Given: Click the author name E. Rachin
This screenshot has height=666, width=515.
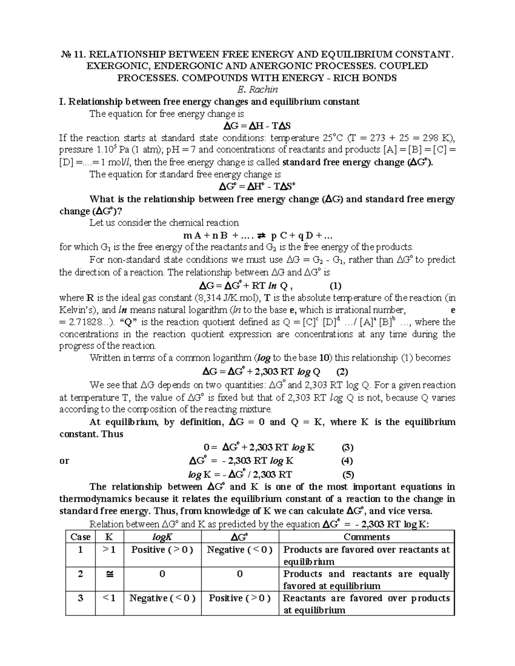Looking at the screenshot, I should coord(257,90).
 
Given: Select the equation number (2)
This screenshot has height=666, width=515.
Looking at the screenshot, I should coord(342,372).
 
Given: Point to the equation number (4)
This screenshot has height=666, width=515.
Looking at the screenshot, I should coord(347,461).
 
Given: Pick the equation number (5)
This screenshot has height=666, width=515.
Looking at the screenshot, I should coord(348,475).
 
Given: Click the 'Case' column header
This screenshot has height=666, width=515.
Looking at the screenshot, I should coord(80,537).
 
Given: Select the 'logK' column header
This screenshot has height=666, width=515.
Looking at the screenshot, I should coord(162,537).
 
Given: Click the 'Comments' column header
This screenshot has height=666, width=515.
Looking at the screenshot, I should coord(367,537).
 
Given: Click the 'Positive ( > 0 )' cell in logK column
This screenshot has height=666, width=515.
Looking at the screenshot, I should coord(162,550).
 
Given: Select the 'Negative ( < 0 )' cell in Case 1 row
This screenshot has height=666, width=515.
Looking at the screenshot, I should coord(239,550).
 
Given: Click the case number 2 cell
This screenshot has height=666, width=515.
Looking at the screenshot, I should coord(80,574).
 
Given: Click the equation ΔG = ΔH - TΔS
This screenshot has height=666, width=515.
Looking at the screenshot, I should coord(257,126).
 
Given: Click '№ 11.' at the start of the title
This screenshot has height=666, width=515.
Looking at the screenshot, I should coord(71,54).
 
